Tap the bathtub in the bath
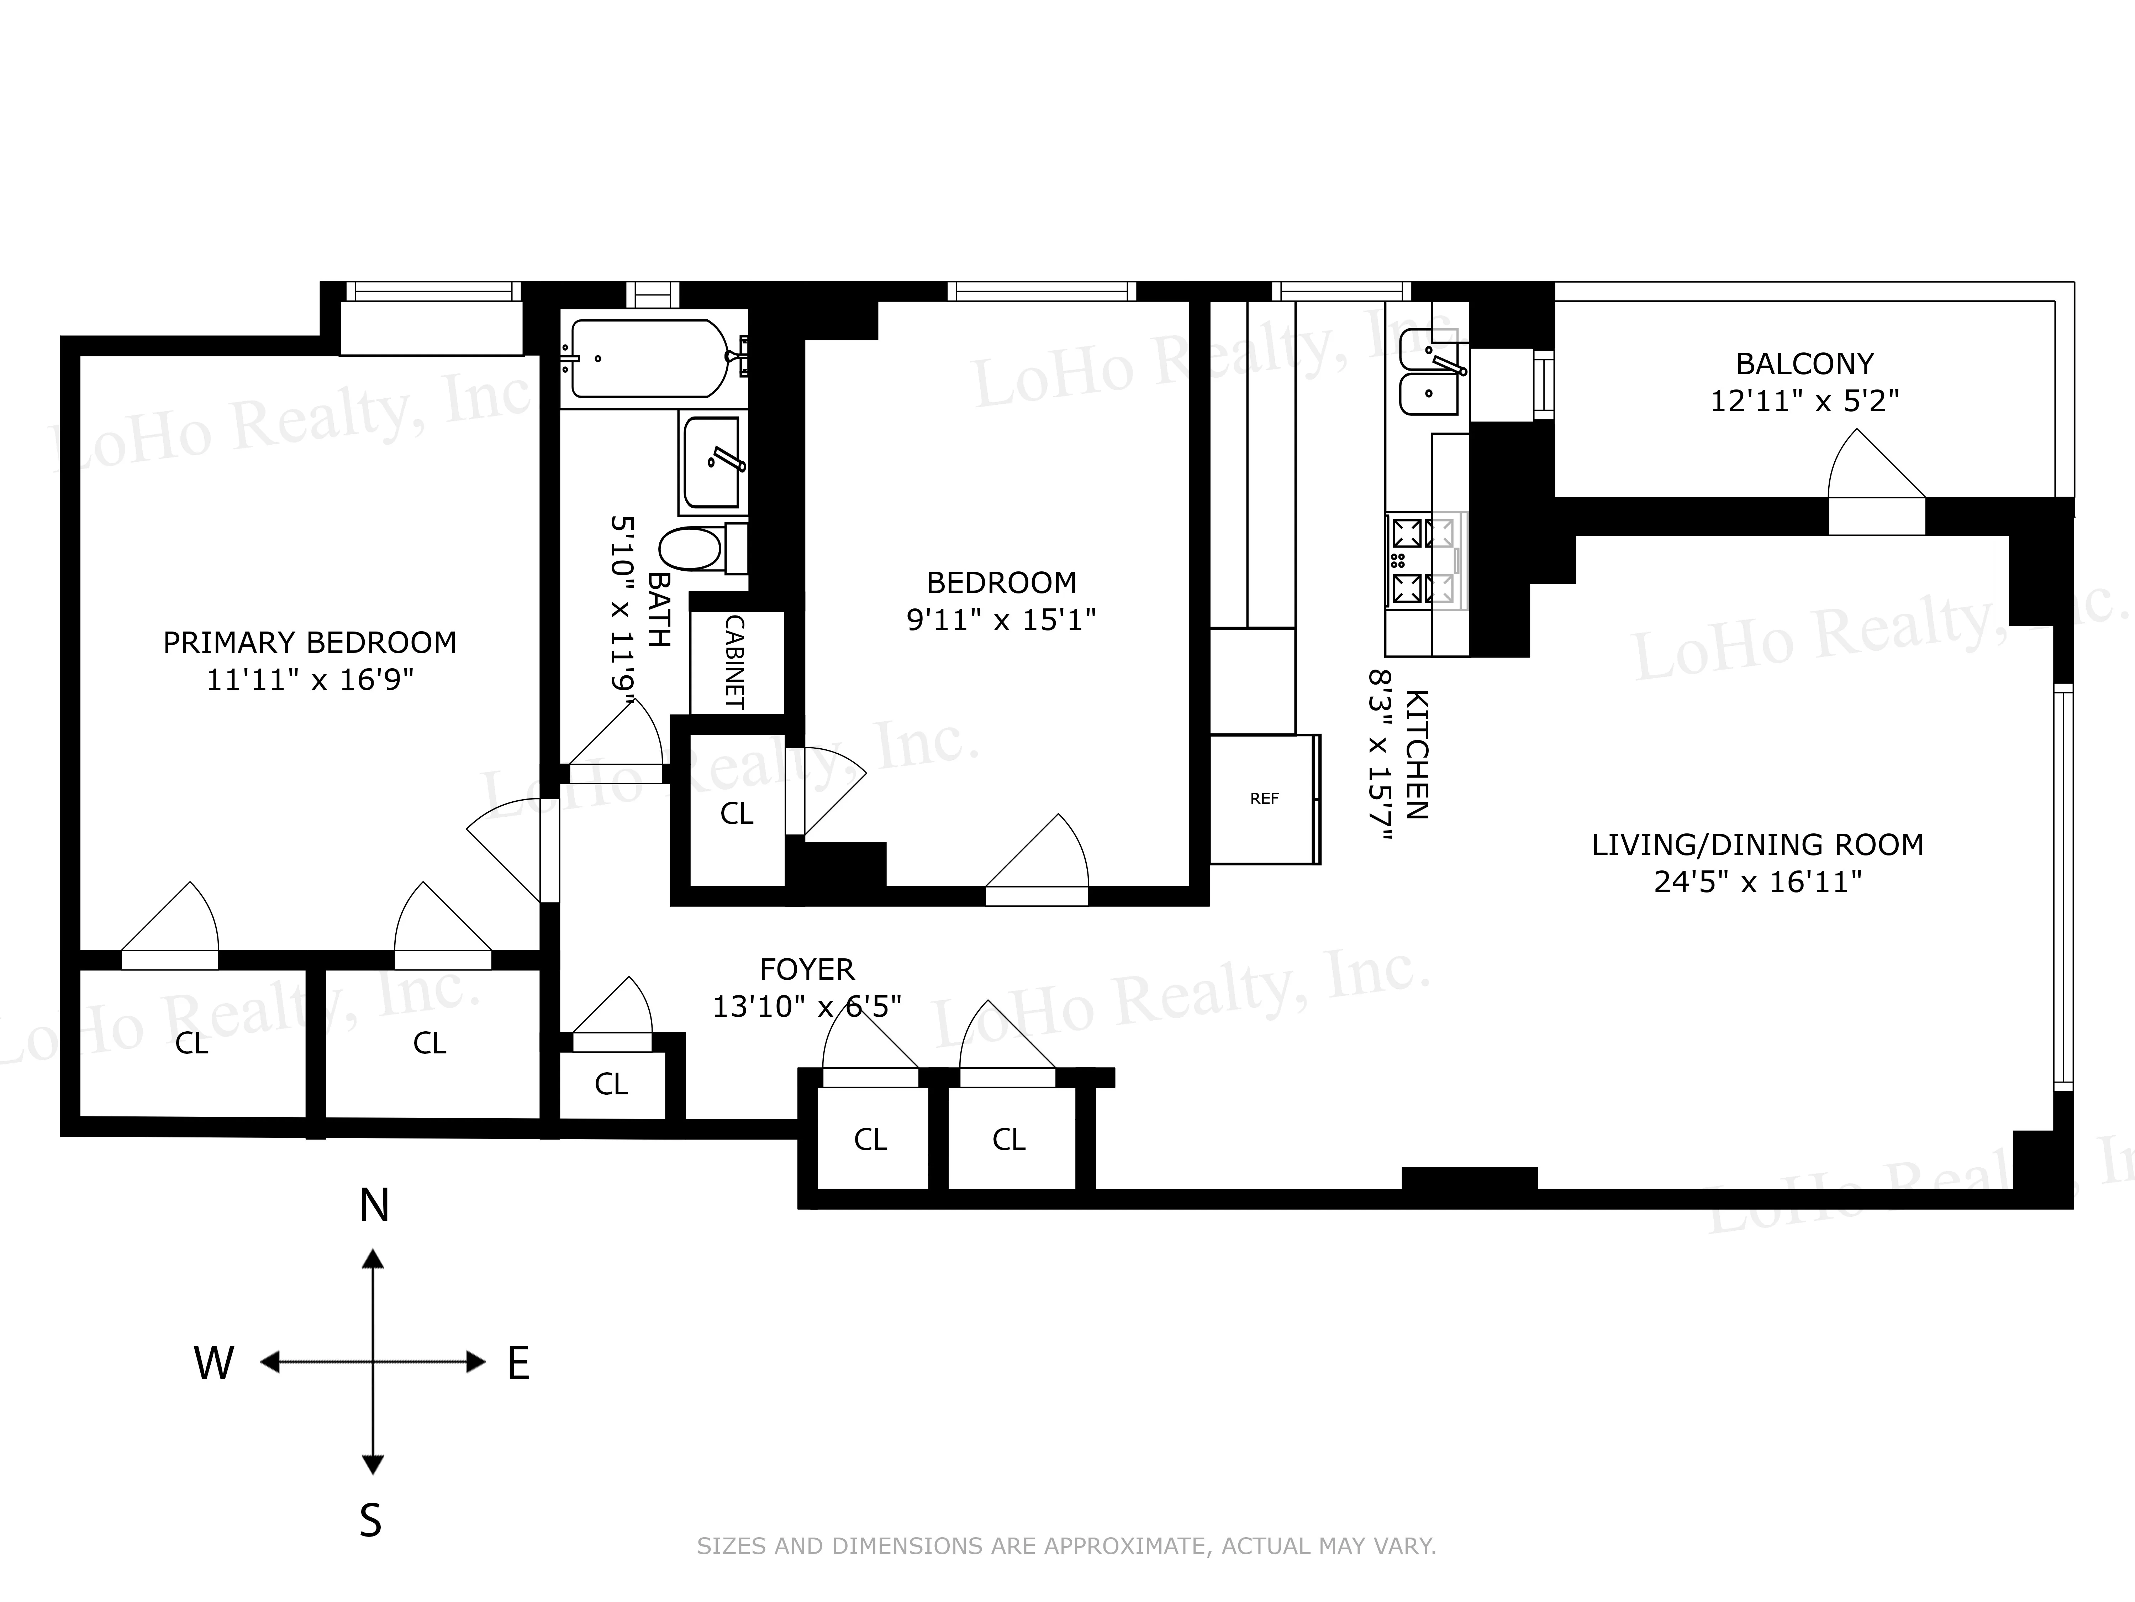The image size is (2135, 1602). [x=649, y=358]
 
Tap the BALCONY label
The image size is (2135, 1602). [x=1804, y=364]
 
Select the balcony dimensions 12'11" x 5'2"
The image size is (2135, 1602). [x=1804, y=401]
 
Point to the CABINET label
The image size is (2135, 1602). [x=734, y=663]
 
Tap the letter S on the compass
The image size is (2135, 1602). [x=371, y=1521]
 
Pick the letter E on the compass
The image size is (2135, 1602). [x=518, y=1363]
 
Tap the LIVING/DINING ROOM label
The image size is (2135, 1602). [x=1757, y=845]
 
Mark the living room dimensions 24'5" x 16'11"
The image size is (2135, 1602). [x=1757, y=881]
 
